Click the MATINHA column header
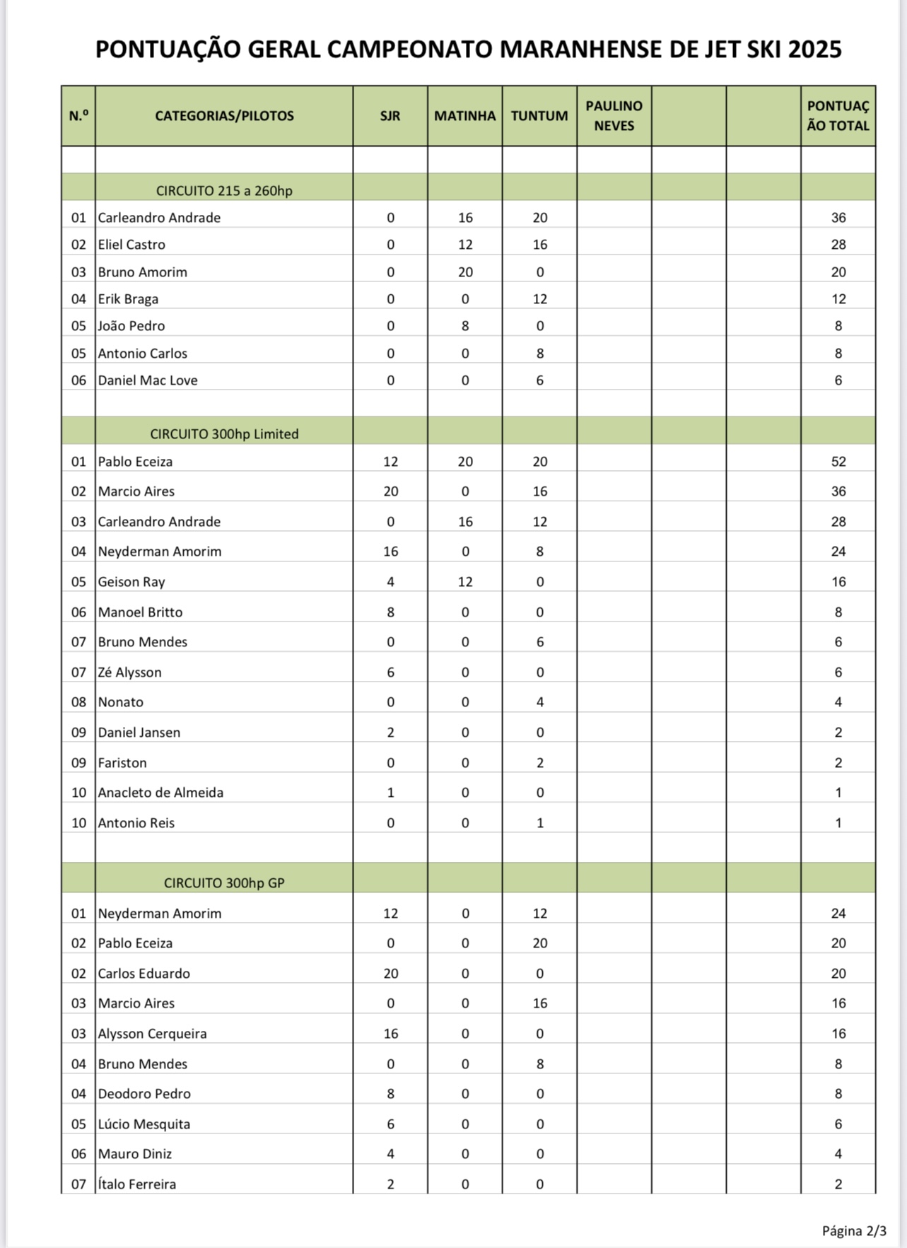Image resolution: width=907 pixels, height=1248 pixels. [x=464, y=116]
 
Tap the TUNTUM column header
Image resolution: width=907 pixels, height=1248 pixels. [x=539, y=116]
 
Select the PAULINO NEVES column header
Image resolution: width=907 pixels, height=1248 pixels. [x=614, y=116]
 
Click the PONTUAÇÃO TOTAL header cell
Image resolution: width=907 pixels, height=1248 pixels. [x=838, y=116]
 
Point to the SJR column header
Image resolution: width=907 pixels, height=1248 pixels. [x=390, y=116]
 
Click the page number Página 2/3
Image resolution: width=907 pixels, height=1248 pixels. [x=853, y=1231]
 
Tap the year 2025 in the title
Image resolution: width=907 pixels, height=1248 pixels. [x=814, y=49]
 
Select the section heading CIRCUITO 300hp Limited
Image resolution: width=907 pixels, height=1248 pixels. [x=224, y=434]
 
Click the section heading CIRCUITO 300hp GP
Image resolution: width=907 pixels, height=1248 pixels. [x=224, y=883]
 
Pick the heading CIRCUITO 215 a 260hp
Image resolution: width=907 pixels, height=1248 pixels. [x=224, y=191]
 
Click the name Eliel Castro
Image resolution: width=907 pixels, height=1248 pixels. [x=131, y=245]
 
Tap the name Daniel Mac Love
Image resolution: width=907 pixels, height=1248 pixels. [x=148, y=380]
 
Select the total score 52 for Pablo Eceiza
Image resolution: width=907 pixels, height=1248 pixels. [x=838, y=462]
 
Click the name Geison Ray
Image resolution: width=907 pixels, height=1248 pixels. [x=131, y=582]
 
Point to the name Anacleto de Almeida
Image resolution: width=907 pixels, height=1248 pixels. [x=160, y=793]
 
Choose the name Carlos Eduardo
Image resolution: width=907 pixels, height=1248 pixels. [x=144, y=974]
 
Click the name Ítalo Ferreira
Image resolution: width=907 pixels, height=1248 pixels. [x=137, y=1184]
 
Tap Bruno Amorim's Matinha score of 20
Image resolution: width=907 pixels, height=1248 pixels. [x=465, y=272]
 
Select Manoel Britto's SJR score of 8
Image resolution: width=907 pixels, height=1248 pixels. [x=390, y=612]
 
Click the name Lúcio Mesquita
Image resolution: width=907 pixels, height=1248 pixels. [x=144, y=1124]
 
